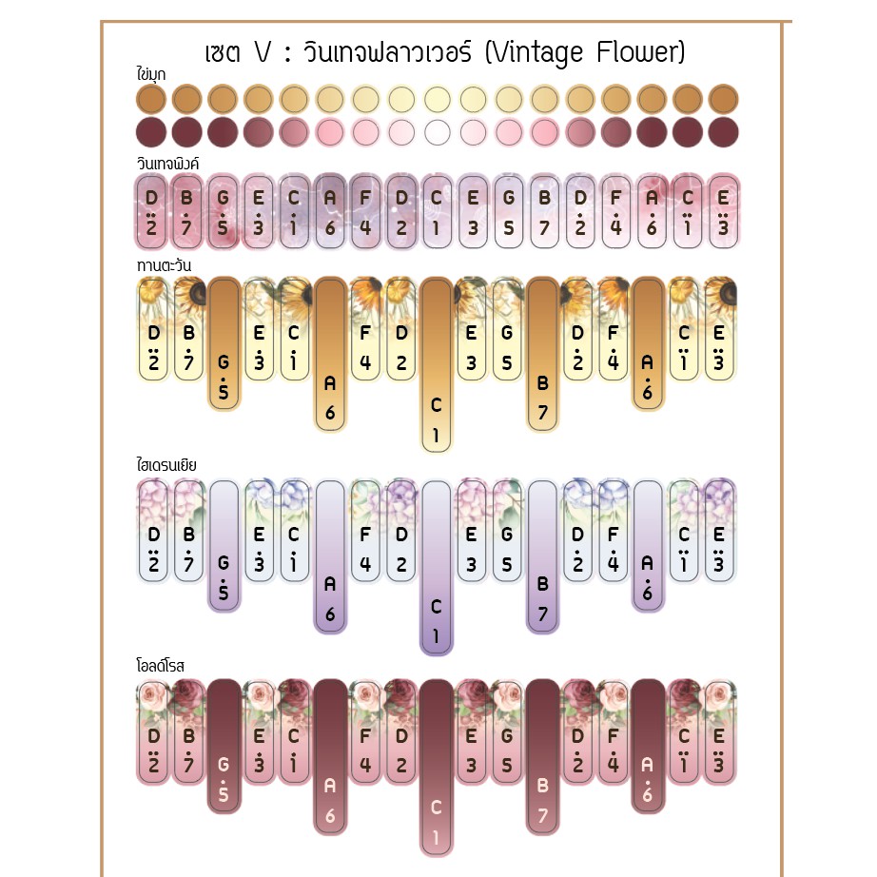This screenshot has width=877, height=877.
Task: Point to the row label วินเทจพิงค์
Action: [x=167, y=164]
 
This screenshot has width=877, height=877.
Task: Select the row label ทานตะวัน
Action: [x=157, y=264]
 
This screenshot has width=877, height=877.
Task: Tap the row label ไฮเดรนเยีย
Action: [x=166, y=466]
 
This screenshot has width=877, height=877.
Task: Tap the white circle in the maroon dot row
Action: [x=437, y=131]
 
